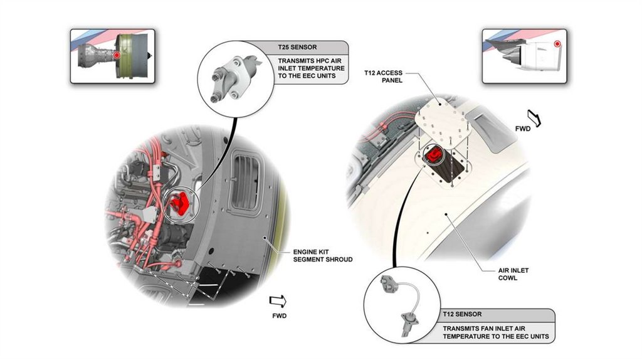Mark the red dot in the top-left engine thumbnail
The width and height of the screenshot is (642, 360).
(x=117, y=56)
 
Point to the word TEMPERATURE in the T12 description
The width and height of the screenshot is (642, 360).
(x=473, y=337)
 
